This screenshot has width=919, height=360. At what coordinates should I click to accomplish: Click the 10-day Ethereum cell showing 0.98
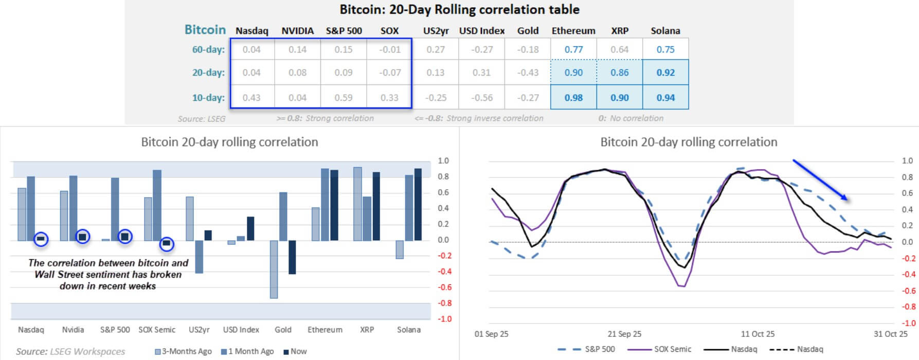click(573, 98)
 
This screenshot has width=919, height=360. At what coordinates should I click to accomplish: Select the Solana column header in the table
click(665, 31)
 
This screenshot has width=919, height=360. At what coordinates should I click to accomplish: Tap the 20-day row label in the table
click(208, 73)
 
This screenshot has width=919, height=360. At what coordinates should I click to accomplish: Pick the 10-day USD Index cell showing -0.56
click(481, 98)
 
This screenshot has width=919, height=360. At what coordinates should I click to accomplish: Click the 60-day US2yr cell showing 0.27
click(436, 49)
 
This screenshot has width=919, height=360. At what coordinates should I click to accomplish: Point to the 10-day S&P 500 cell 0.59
click(344, 98)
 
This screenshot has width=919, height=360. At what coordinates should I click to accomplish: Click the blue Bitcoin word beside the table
click(205, 30)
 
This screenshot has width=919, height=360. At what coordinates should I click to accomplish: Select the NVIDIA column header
click(297, 31)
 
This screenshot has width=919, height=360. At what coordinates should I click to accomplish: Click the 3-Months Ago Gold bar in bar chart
click(274, 269)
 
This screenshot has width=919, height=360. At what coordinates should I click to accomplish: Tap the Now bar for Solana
click(418, 204)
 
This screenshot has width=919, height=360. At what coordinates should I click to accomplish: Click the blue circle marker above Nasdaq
click(41, 239)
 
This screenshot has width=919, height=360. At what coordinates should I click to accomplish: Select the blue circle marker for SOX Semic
click(167, 243)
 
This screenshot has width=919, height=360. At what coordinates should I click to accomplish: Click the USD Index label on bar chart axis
click(241, 330)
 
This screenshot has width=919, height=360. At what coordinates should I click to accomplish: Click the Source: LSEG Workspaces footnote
click(70, 351)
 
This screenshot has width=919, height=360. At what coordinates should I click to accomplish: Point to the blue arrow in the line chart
click(820, 179)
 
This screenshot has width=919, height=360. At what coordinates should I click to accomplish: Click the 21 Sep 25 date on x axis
click(624, 334)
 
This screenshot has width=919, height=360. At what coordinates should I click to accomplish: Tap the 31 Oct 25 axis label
click(890, 334)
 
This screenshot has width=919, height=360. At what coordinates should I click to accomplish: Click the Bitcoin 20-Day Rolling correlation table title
click(459, 10)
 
